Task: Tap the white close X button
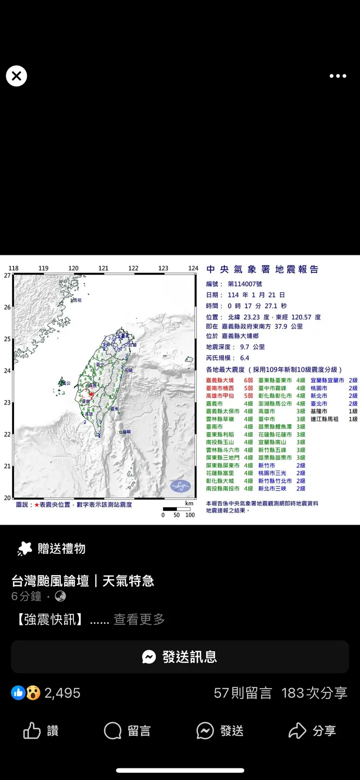[x=17, y=76]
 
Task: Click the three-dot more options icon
[x=338, y=76]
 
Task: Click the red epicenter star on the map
[x=91, y=394]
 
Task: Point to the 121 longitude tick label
[x=103, y=268]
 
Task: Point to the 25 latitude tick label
[x=7, y=339]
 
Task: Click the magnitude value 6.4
[x=244, y=358]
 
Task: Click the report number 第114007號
[x=245, y=284]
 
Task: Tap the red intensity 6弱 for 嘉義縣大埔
[x=248, y=380]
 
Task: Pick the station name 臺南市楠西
[x=220, y=388]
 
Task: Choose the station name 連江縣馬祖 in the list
[x=324, y=419]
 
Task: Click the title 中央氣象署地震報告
[x=263, y=269]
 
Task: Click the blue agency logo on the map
[x=180, y=485]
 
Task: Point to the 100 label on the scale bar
[x=190, y=515]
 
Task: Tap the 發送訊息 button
[x=180, y=657]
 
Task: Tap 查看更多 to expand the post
[x=139, y=620]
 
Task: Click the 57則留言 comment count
[x=243, y=693]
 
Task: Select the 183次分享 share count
[x=314, y=693]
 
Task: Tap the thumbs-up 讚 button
[x=41, y=730]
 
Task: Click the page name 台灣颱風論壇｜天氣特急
[x=83, y=581]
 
